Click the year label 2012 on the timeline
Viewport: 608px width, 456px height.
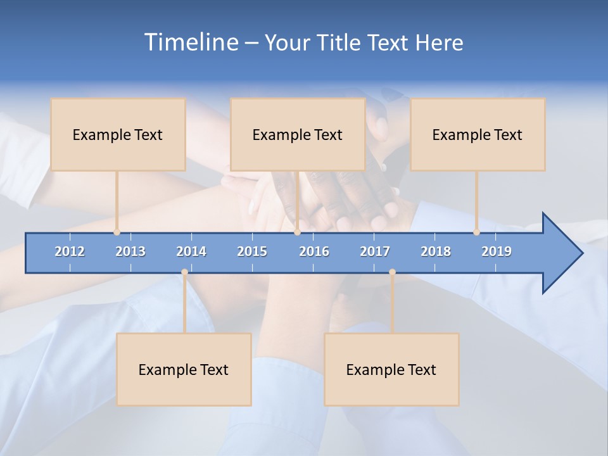(x=70, y=251)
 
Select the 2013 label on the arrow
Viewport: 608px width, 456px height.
(x=130, y=251)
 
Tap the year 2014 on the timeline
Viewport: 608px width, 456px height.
(x=191, y=251)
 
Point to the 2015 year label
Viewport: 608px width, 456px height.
(x=252, y=251)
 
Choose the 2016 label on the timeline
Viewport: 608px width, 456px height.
(x=314, y=251)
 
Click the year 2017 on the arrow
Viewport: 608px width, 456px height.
(x=375, y=251)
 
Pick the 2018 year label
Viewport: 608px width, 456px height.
(x=436, y=251)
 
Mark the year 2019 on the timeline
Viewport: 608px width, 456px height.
(x=497, y=251)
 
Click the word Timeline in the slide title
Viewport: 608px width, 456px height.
(x=190, y=42)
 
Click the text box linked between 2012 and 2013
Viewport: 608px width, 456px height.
(x=118, y=134)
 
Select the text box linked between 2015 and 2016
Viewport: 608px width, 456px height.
(x=298, y=134)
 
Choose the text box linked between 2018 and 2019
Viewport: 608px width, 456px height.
(x=478, y=134)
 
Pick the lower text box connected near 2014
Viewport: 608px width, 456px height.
(x=184, y=369)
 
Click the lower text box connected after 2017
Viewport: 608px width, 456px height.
(x=391, y=369)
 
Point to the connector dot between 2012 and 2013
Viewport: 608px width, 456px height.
(x=117, y=232)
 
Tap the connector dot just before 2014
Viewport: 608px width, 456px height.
(x=184, y=272)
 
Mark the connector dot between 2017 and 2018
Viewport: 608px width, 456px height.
(x=392, y=272)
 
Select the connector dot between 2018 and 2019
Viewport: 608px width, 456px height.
(x=476, y=232)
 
